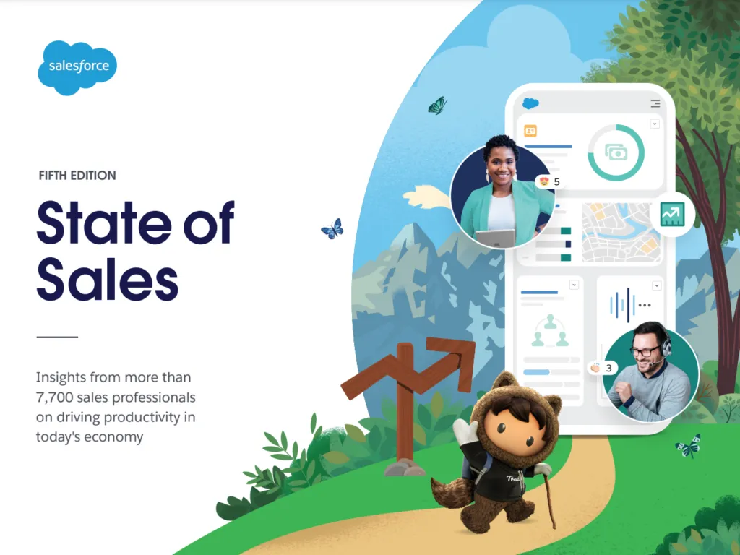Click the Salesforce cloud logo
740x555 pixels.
pos(77,67)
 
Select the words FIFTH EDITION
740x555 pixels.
pos(77,176)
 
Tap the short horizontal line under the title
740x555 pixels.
pos(57,337)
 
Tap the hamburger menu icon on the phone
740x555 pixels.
pos(655,103)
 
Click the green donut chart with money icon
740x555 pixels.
pos(616,152)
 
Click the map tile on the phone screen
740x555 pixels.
pos(621,232)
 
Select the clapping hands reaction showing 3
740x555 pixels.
pos(603,368)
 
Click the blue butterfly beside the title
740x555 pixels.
pos(332,229)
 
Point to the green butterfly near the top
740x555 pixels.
pos(437,106)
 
